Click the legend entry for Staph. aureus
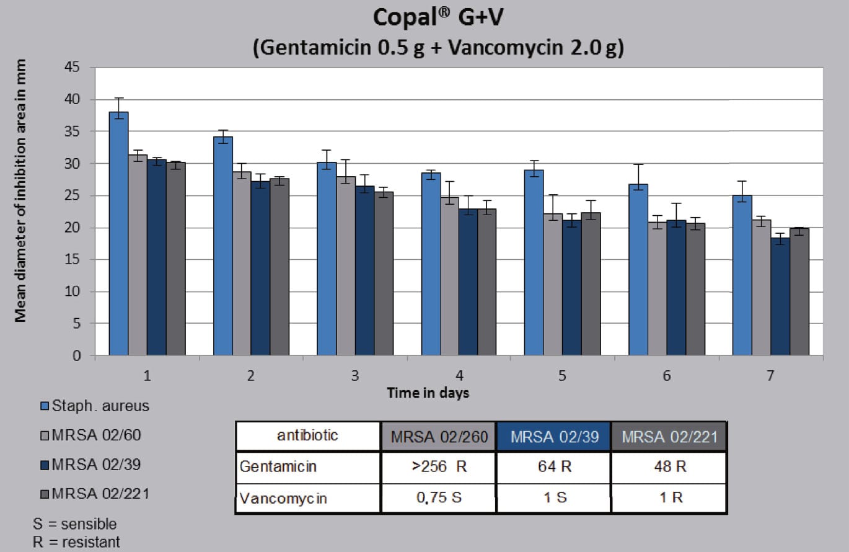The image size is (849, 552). pos(95,407)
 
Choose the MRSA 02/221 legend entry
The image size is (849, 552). pos(95,494)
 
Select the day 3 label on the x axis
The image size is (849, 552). pos(354,376)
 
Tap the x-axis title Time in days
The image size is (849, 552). pos(428,393)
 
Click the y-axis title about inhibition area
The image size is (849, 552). pos(20,190)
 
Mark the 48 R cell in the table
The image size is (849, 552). pos(669,467)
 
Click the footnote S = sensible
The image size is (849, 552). pos(74,524)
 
